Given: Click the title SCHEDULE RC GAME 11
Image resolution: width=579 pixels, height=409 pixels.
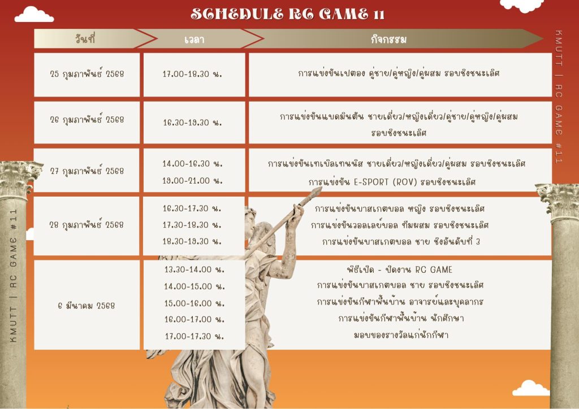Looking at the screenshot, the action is coord(288,14).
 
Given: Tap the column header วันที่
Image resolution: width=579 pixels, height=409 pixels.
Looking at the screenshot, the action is coord(85,39).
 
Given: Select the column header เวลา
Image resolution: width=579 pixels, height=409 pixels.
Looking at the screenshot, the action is coord(195,40).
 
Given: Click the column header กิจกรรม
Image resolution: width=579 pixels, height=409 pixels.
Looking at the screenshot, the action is coord(388,40).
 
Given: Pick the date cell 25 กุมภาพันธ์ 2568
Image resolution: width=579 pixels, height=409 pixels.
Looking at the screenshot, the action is coord(87,74).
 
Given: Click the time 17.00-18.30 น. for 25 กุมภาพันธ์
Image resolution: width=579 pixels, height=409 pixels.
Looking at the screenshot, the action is coord(192,74).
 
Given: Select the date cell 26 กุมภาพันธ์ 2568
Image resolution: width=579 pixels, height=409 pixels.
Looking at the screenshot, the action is coord(87,120).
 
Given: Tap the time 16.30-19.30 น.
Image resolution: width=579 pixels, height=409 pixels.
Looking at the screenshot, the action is coord(192,123).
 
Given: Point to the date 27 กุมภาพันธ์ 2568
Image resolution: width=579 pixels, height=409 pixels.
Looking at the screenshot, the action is coord(87,171).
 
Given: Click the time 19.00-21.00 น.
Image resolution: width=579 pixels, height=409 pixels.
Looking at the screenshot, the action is coord(192,181).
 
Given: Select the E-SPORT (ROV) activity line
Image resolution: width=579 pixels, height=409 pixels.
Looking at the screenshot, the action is coord(392,182).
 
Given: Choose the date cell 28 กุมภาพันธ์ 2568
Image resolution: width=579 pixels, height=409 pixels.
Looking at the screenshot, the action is coord(87,225).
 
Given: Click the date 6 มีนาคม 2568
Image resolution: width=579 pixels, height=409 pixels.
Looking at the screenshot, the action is coord(87,306).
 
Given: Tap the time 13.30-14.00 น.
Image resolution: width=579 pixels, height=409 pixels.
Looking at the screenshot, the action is coord(195,269).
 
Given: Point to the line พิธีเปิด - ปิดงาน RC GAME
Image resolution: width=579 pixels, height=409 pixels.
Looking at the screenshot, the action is coord(400,269).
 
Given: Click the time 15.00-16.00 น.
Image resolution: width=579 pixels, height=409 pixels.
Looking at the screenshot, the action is coord(195,303).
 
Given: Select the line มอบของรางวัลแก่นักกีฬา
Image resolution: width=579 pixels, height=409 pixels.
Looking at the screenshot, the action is coord(401,335).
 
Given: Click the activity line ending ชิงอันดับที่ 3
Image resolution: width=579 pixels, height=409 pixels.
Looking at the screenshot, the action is coord(401,242).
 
